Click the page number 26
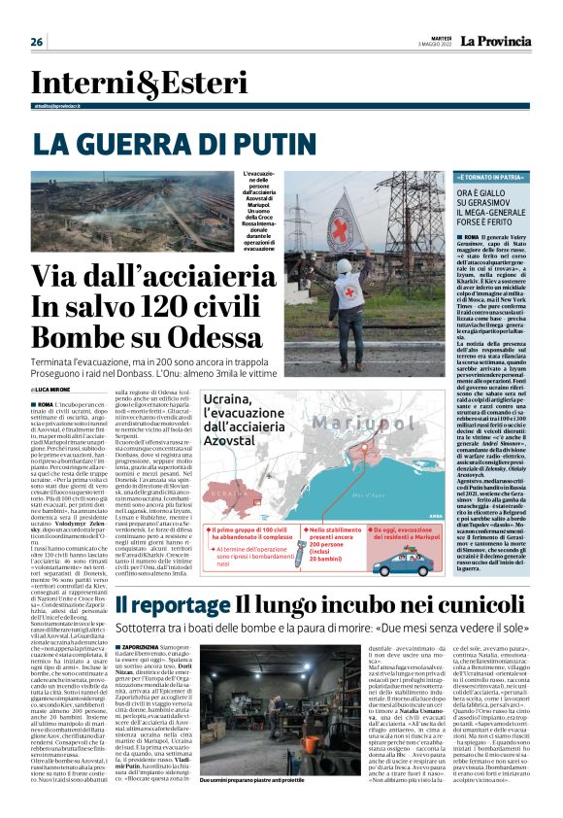[x=37, y=42]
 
